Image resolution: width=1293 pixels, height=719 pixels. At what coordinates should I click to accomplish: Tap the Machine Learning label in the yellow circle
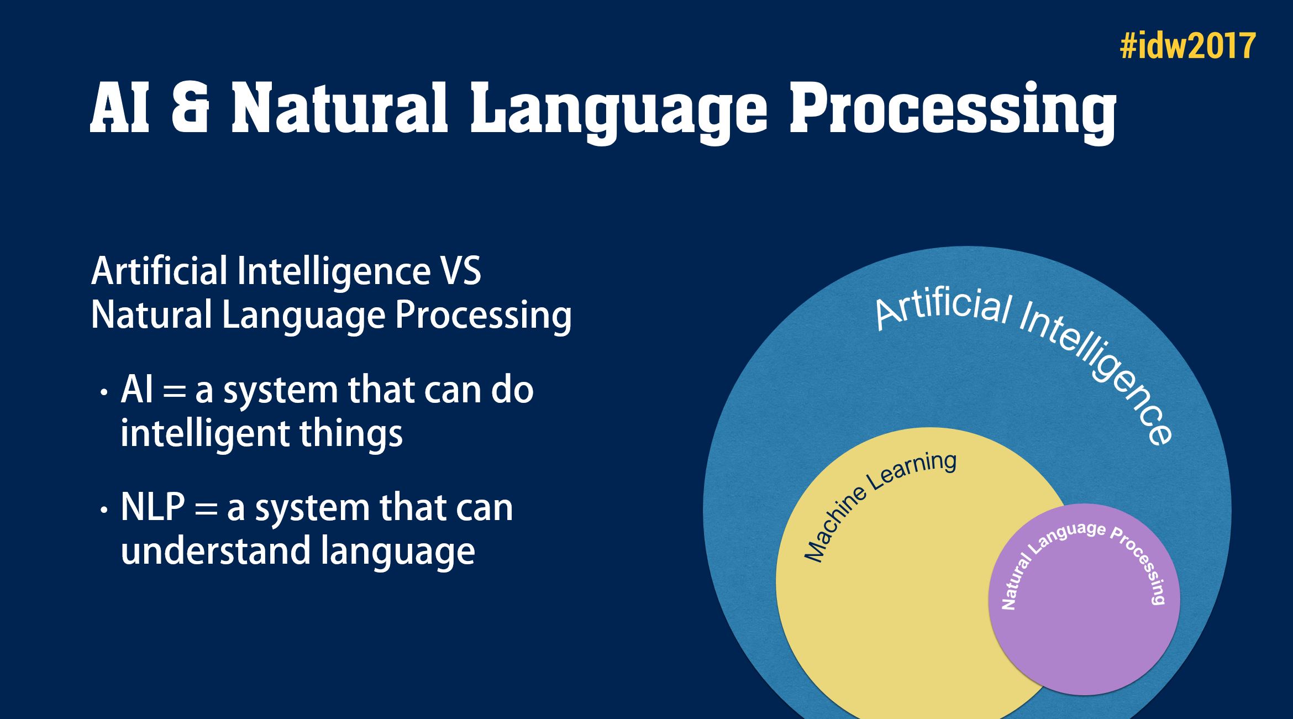(879, 505)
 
